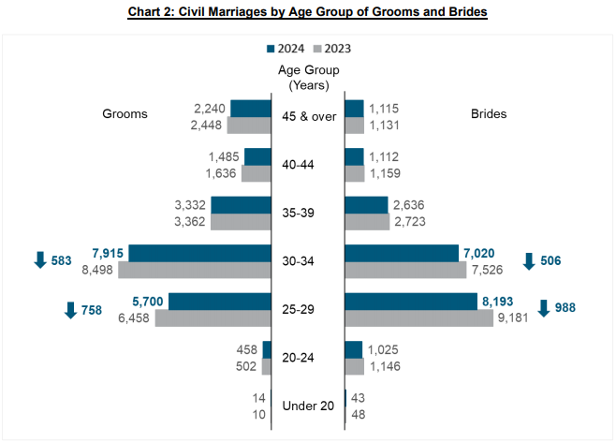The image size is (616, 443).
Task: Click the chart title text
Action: (308, 11)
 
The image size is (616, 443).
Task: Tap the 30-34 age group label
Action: (308, 261)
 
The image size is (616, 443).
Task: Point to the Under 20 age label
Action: (308, 406)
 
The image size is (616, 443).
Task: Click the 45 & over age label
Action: (308, 116)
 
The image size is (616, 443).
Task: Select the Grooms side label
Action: (125, 114)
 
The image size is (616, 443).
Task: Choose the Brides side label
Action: (489, 114)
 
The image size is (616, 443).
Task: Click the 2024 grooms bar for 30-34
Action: (199, 253)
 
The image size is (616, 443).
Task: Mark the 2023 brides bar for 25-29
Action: (419, 318)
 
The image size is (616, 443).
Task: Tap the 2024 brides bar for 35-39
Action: (366, 204)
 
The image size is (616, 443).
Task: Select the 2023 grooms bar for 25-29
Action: (213, 318)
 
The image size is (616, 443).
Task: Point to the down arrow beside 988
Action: (546, 309)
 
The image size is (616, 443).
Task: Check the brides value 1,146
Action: (386, 366)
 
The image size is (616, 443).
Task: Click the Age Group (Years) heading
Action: (308, 77)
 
